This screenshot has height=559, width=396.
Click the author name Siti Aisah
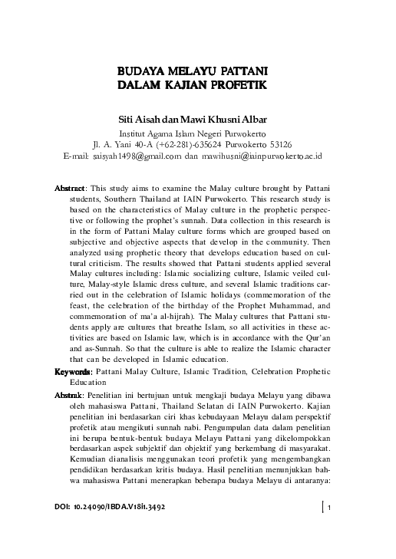tap(139, 119)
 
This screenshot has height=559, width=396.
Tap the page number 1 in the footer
tap(329, 507)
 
